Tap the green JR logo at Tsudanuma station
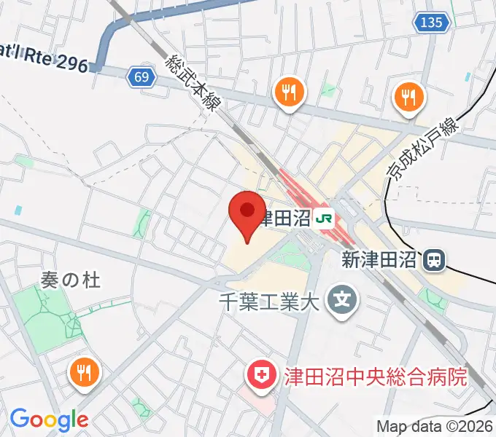(325, 219)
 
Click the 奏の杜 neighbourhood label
(70, 278)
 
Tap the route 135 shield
(431, 23)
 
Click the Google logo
(49, 420)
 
